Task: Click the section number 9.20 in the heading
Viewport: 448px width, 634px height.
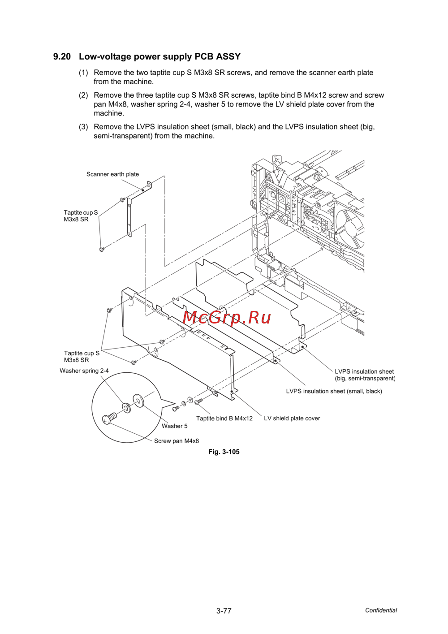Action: pyautogui.click(x=62, y=57)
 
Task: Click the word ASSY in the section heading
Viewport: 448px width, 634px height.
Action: pyautogui.click(x=228, y=57)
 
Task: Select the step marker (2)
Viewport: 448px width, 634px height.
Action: pyautogui.click(x=83, y=95)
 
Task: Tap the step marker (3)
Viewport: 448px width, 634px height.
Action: pyautogui.click(x=83, y=127)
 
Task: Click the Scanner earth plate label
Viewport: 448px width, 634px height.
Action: pyautogui.click(x=112, y=174)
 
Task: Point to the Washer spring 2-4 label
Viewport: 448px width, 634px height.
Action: pyautogui.click(x=84, y=371)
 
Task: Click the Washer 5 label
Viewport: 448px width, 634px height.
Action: pyautogui.click(x=175, y=426)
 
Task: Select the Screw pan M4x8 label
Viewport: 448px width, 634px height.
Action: pyautogui.click(x=177, y=441)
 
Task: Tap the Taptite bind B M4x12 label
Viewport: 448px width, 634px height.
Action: pyautogui.click(x=224, y=418)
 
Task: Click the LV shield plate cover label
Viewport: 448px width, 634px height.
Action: pyautogui.click(x=292, y=418)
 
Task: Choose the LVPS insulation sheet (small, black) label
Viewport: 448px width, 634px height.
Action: pyautogui.click(x=334, y=391)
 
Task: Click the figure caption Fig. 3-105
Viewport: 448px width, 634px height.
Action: pyautogui.click(x=224, y=452)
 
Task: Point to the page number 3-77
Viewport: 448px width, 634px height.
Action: pyautogui.click(x=224, y=611)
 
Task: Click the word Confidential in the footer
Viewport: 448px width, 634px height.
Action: pyautogui.click(x=381, y=610)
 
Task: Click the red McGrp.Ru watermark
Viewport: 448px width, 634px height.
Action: pyautogui.click(x=227, y=317)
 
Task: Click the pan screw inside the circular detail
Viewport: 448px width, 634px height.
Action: pyautogui.click(x=109, y=418)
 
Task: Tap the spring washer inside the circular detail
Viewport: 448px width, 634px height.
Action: pyautogui.click(x=127, y=408)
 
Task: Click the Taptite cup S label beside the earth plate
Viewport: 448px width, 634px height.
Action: pyautogui.click(x=81, y=216)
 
